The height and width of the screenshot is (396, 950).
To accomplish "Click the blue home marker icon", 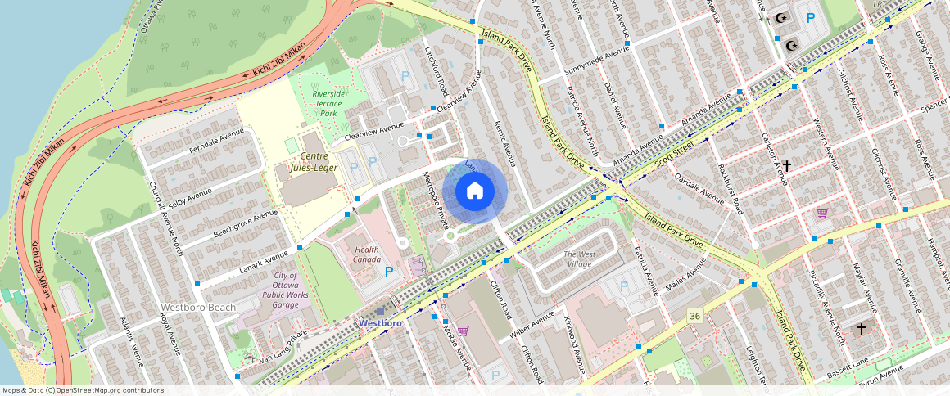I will click(475, 191).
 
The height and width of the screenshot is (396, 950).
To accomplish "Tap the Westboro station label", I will click(381, 323).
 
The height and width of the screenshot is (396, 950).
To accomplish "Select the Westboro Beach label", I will click(198, 308).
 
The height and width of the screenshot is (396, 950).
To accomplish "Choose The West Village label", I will click(589, 259).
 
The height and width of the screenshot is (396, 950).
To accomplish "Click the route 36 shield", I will click(695, 316).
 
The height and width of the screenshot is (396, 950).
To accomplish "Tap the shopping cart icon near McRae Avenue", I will click(463, 331).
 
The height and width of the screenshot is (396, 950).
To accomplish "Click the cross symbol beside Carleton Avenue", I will click(786, 166).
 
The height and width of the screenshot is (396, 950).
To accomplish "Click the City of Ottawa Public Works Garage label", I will click(286, 290).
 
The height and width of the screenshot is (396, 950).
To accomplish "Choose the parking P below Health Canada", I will click(389, 271).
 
